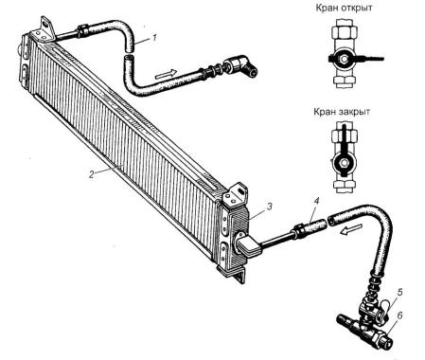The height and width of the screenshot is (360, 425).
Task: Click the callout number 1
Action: (x=154, y=38)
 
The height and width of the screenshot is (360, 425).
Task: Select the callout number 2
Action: (x=91, y=174)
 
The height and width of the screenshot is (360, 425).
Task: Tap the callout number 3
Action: (x=269, y=207)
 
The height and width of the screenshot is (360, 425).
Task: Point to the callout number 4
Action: (x=317, y=201)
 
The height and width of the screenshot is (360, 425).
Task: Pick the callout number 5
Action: (x=399, y=292)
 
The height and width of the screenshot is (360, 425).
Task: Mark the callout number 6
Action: (x=399, y=315)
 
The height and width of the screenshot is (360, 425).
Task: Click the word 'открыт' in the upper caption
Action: (x=357, y=8)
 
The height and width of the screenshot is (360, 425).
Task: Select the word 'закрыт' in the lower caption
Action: (x=355, y=112)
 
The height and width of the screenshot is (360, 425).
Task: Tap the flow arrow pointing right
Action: (x=165, y=75)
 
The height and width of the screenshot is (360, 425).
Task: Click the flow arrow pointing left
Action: (x=350, y=230)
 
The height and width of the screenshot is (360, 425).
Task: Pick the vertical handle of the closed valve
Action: (x=344, y=138)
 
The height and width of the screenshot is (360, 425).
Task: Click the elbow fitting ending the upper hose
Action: (x=243, y=65)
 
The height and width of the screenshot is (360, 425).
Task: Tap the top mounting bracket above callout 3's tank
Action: (x=235, y=193)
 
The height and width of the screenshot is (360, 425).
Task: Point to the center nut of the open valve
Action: (x=345, y=59)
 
